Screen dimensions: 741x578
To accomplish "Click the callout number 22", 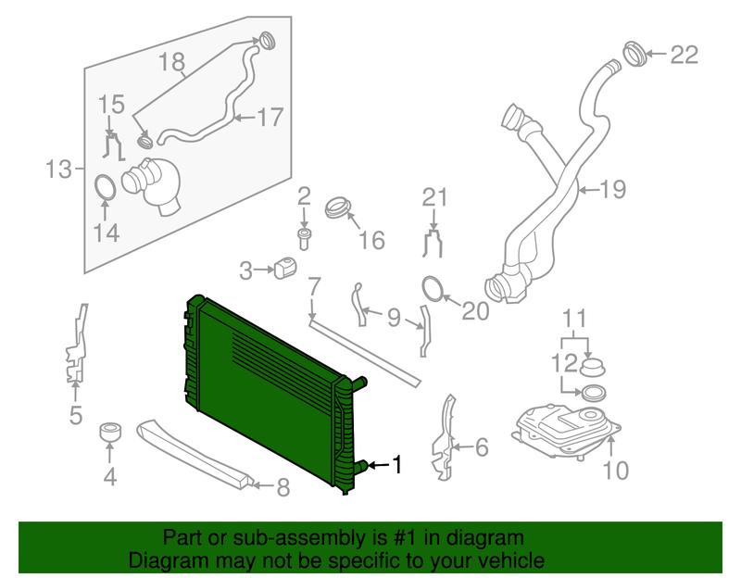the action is pyautogui.click(x=684, y=55).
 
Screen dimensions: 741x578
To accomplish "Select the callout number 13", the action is pyautogui.click(x=58, y=170).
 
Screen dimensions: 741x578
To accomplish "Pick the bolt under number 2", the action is pyautogui.click(x=304, y=239).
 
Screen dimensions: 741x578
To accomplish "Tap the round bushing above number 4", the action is pyautogui.click(x=110, y=432).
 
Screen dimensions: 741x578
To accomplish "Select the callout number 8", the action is pyautogui.click(x=283, y=487).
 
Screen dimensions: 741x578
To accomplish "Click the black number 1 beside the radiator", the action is pyautogui.click(x=397, y=464).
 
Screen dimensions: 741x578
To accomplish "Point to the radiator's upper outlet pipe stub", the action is pyautogui.click(x=358, y=383).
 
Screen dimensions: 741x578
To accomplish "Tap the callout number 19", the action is pyautogui.click(x=613, y=190).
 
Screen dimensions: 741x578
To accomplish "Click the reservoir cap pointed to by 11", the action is pyautogui.click(x=593, y=367).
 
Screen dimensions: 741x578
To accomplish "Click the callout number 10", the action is pyautogui.click(x=616, y=470).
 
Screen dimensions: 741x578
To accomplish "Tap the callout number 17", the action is pyautogui.click(x=270, y=117).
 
